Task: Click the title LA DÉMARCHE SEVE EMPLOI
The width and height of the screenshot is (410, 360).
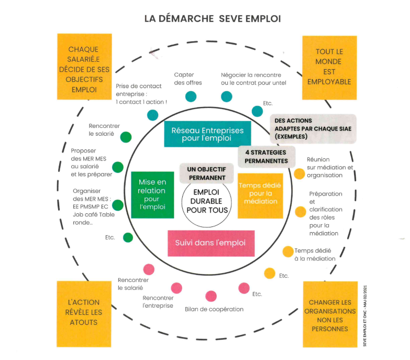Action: point(213,18)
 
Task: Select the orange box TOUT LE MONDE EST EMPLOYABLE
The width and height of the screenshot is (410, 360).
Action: point(329,67)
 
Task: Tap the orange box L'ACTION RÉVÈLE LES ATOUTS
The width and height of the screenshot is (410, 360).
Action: point(84,313)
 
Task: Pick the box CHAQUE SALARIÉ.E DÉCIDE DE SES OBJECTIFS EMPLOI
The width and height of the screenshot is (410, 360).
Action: point(83,69)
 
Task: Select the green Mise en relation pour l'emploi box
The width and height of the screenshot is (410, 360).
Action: point(152,194)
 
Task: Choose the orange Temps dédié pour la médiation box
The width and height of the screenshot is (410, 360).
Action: point(260,195)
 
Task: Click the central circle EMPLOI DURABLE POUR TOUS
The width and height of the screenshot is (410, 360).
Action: point(207,201)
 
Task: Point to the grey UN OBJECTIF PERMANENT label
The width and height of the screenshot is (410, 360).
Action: point(206,173)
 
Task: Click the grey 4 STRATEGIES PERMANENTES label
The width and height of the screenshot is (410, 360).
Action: point(266,156)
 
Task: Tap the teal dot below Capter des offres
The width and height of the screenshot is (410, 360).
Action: point(191,96)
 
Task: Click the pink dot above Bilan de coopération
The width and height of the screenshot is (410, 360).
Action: point(211,296)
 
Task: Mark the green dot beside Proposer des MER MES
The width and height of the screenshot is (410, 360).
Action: point(118,168)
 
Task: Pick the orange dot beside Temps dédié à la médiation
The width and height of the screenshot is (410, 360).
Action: point(287,252)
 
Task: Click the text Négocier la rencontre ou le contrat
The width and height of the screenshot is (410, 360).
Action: point(253,79)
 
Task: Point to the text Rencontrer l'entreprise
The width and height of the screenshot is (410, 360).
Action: point(158,302)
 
